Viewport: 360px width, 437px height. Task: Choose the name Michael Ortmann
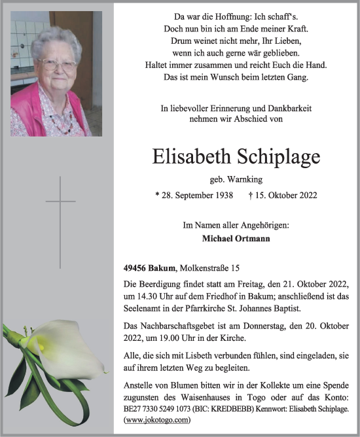click(236, 239)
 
